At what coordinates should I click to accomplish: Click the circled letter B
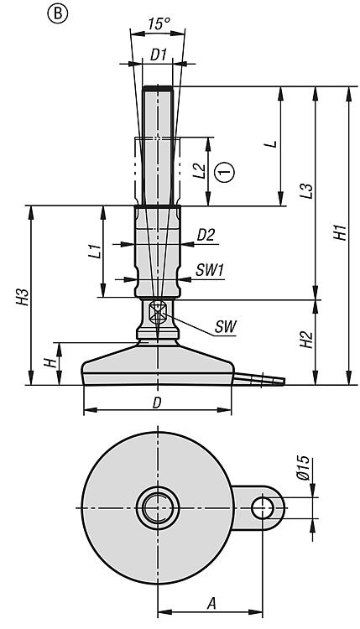[x=58, y=14]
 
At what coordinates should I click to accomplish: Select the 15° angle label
[x=157, y=24]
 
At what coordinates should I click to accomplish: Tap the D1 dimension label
[x=158, y=55]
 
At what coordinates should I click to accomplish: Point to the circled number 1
[x=225, y=172]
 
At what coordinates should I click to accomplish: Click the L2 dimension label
[x=200, y=171]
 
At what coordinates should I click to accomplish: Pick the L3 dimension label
[x=307, y=191]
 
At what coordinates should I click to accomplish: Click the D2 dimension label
[x=206, y=235]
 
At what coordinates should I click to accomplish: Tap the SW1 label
[x=209, y=270]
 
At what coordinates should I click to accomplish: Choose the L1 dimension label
[x=94, y=252]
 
